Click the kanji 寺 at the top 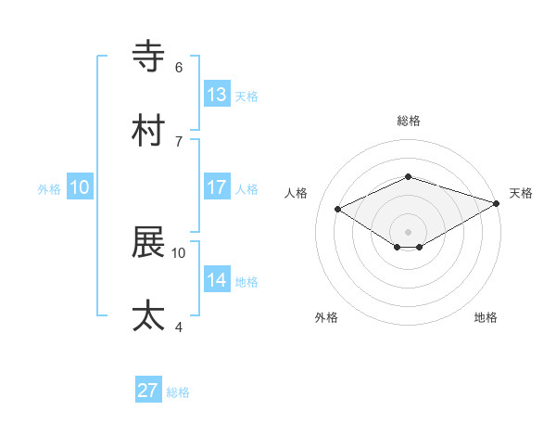(149, 57)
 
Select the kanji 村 (149, 131)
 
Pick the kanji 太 (149, 316)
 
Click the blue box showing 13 (217, 95)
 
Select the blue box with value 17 (217, 187)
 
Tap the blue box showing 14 (217, 280)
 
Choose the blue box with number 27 (148, 391)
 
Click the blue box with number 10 (80, 187)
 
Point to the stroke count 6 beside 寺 (179, 67)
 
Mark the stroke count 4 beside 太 (179, 327)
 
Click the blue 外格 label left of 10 (49, 189)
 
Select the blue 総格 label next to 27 (178, 392)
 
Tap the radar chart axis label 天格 (521, 193)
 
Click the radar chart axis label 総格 (409, 121)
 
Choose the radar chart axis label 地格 (486, 317)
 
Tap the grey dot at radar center (409, 231)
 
